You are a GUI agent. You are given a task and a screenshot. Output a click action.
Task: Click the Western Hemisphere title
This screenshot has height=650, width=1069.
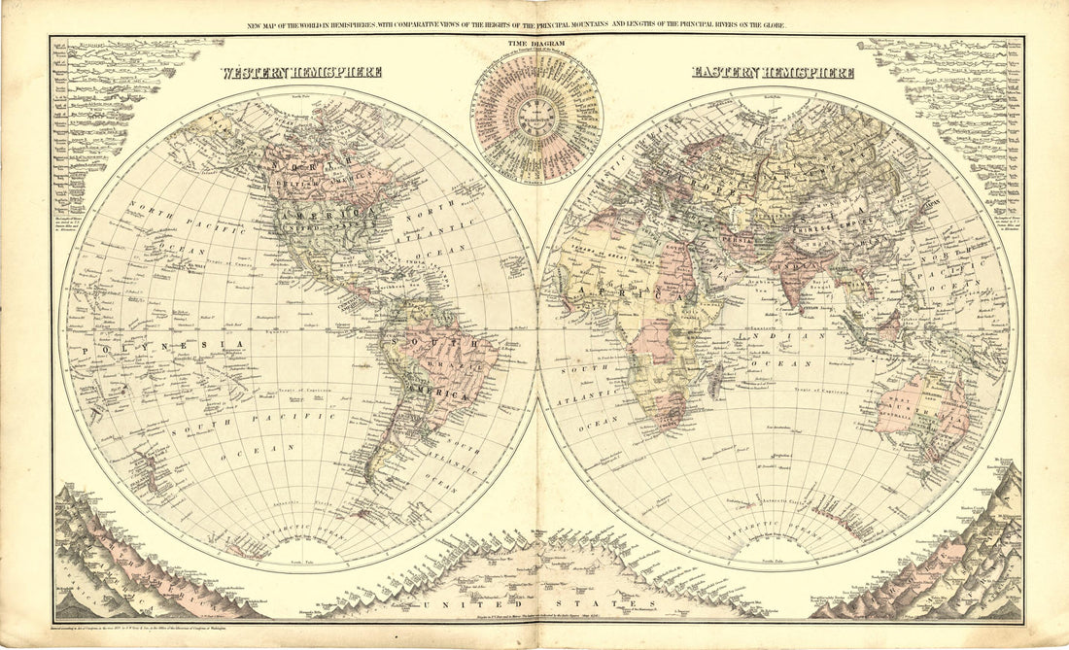point(300,72)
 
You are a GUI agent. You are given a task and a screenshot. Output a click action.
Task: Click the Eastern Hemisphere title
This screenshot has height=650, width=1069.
point(773,72)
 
